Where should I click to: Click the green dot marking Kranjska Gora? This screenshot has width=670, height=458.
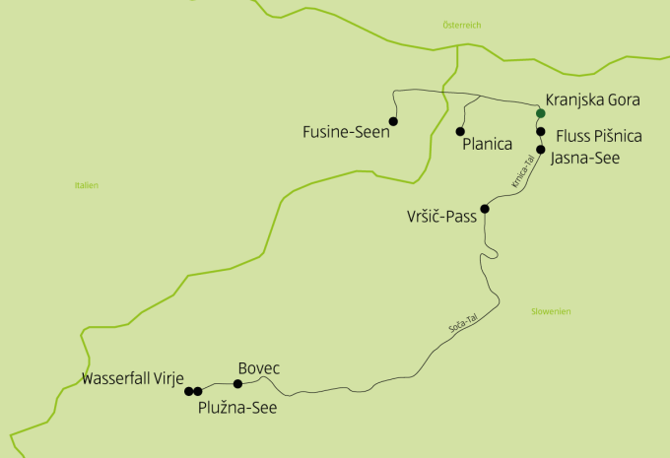[x=540, y=113]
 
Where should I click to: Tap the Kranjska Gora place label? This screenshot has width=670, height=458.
[x=593, y=100]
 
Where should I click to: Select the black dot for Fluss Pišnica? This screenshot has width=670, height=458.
[x=540, y=131]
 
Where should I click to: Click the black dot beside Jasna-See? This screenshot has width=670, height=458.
[x=540, y=150]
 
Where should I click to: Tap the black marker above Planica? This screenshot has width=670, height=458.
[x=460, y=131]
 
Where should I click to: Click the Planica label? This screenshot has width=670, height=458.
[x=487, y=145]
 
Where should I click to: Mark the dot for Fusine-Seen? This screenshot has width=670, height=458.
[x=393, y=121]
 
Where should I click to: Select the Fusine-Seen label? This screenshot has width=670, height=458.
[x=346, y=131]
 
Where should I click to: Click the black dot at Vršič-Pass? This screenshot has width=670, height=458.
[x=484, y=209]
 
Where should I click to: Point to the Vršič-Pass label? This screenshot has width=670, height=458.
[x=442, y=217]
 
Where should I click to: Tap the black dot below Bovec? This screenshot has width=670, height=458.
[x=237, y=384]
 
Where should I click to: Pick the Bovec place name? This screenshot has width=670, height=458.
[x=259, y=368]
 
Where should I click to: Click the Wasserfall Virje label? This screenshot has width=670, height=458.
[x=133, y=378]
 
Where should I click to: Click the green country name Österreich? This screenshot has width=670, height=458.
[x=462, y=25]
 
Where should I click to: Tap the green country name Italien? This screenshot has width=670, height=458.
[x=87, y=185]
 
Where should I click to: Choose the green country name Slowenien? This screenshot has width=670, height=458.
[x=550, y=311]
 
